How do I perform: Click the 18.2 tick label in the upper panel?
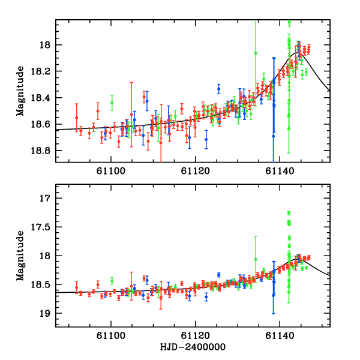(43, 71)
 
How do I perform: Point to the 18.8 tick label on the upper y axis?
(43, 151)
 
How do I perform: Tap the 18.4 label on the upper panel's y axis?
(43, 98)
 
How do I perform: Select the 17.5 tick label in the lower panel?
(43, 227)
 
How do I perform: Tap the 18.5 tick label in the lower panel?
(43, 284)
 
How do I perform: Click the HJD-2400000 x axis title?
(193, 348)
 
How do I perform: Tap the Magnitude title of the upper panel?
(21, 91)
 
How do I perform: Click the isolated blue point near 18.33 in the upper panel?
(219, 89)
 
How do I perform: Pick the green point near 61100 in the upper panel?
(112, 103)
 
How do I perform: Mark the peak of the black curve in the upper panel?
(298, 52)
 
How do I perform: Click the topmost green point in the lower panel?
(289, 213)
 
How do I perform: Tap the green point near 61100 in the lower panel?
(112, 280)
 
